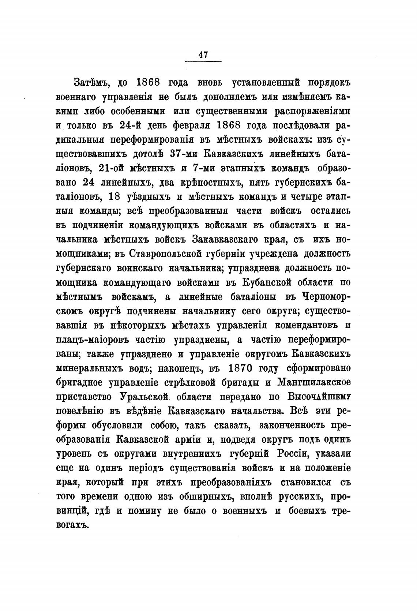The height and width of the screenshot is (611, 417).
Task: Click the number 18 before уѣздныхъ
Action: (115, 196)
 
